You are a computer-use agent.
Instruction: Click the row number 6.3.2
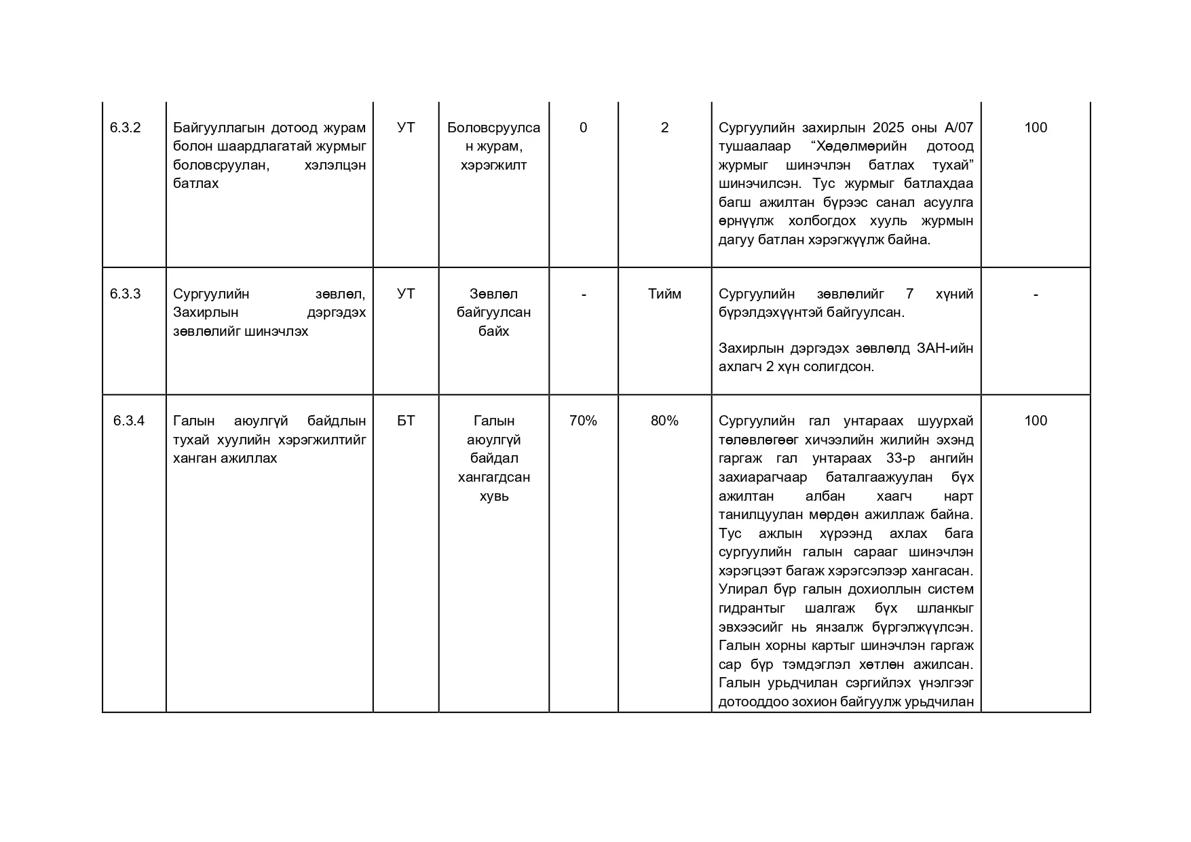tap(125, 128)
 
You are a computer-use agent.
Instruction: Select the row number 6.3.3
tap(125, 294)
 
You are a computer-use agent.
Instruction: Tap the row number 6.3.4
tap(129, 421)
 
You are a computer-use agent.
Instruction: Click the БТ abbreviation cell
tap(406, 421)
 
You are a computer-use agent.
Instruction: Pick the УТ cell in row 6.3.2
tap(406, 128)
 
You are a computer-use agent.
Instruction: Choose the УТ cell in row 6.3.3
tap(406, 294)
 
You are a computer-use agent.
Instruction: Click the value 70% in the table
tap(583, 421)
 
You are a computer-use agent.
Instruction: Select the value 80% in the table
tap(664, 421)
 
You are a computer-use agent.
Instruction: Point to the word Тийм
tap(664, 294)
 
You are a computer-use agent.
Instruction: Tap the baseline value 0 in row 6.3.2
tap(583, 128)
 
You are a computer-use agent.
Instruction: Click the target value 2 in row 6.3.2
tap(664, 128)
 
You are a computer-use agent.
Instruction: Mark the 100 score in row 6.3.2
tap(1036, 128)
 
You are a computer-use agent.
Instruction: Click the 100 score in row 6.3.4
tap(1036, 421)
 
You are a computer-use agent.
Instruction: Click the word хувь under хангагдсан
tap(494, 496)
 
